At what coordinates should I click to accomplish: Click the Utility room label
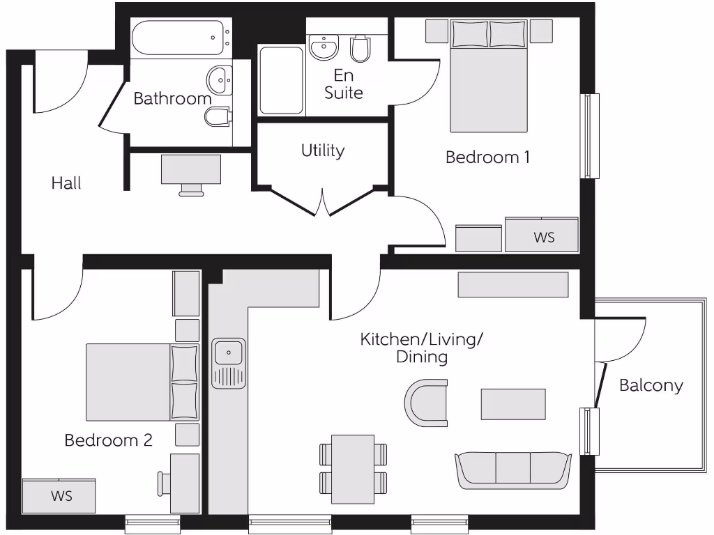pos(323,150)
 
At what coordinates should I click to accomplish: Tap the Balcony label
pos(651,385)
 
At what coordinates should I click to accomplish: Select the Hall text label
pos(66,183)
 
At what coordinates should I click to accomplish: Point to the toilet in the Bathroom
pos(218,116)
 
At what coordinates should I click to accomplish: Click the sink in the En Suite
pos(324,48)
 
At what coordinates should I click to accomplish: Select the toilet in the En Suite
pos(360,48)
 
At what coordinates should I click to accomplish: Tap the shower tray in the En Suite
pos(281,80)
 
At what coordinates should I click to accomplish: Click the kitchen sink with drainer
pos(229,363)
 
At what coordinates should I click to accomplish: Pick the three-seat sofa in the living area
pos(513,470)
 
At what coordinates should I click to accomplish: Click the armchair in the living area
pos(427,403)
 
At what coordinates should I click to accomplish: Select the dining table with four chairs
pos(353,468)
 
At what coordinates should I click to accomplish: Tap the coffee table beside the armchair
pos(513,404)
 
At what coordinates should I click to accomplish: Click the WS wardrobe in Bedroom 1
pos(542,235)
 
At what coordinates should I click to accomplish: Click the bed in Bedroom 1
pos(488,77)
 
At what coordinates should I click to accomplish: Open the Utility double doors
pos(323,202)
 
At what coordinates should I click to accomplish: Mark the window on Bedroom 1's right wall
pos(590,136)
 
